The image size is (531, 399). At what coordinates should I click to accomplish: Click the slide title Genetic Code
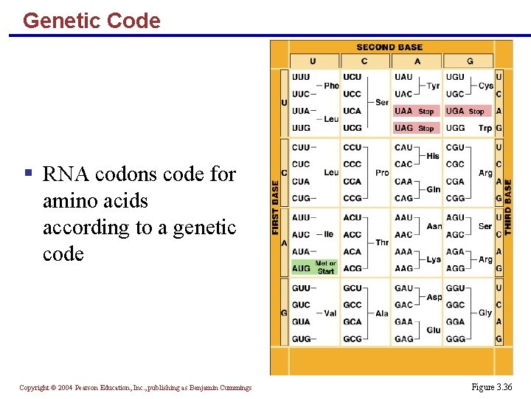(91, 21)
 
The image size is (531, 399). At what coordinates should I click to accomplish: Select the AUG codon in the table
(301, 268)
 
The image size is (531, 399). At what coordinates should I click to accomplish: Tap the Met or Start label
(325, 267)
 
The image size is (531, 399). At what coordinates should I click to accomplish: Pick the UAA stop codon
(403, 111)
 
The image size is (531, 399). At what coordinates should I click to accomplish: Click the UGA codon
(455, 111)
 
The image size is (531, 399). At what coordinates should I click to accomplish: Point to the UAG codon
(403, 128)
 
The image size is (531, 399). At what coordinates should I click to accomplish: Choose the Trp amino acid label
(485, 128)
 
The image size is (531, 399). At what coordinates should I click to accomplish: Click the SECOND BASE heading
(389, 47)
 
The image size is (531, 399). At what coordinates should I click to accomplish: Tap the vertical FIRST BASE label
(276, 208)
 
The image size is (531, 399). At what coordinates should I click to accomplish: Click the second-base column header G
(470, 61)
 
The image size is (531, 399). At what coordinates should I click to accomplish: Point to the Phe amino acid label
(331, 86)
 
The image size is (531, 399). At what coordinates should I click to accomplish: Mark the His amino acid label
(433, 156)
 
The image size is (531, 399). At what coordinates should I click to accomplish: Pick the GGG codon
(456, 338)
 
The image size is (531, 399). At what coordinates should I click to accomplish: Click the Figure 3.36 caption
(492, 387)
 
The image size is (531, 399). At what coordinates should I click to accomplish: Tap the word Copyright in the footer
(34, 387)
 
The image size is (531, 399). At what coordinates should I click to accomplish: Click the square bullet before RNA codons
(28, 174)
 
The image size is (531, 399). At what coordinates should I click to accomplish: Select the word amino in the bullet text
(66, 201)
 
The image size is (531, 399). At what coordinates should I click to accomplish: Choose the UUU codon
(301, 77)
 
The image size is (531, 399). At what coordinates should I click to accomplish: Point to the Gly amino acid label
(485, 313)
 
